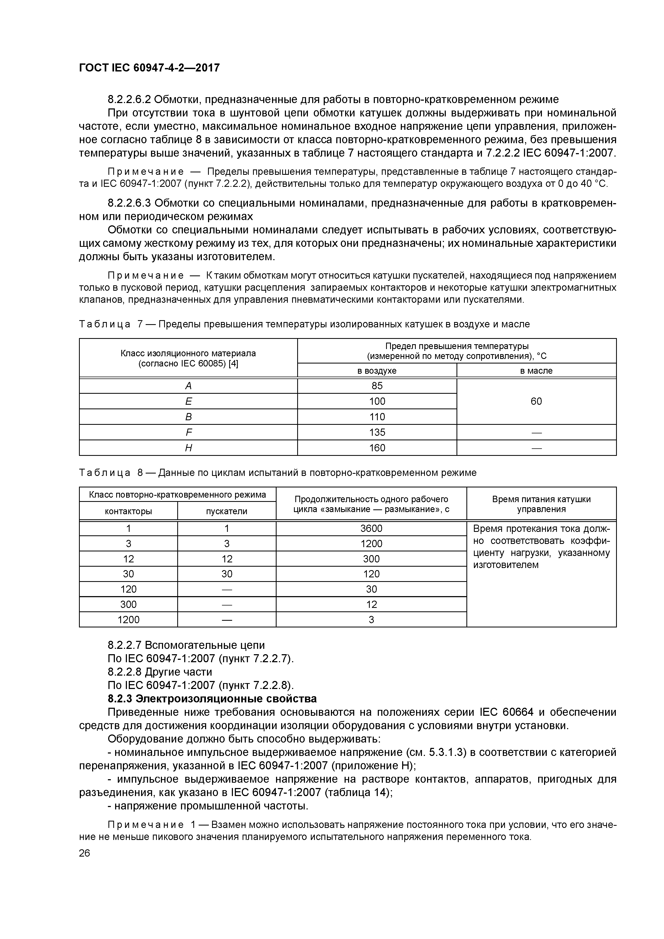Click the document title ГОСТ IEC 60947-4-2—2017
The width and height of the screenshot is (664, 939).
pyautogui.click(x=149, y=67)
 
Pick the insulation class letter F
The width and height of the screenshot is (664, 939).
pyautogui.click(x=188, y=432)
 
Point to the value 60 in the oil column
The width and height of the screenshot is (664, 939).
pyautogui.click(x=536, y=401)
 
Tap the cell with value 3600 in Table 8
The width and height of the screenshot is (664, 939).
pyautogui.click(x=371, y=528)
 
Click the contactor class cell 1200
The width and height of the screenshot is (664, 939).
pyautogui.click(x=129, y=620)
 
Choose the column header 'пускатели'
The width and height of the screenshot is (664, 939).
pyautogui.click(x=227, y=511)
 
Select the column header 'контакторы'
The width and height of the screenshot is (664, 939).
pyautogui.click(x=129, y=511)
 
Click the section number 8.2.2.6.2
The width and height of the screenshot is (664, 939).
pyautogui.click(x=129, y=99)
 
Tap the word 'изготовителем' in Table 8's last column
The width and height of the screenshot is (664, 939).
pyautogui.click(x=506, y=565)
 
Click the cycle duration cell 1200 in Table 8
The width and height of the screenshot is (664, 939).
pyautogui.click(x=371, y=544)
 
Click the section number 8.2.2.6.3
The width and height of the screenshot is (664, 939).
pyautogui.click(x=129, y=203)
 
